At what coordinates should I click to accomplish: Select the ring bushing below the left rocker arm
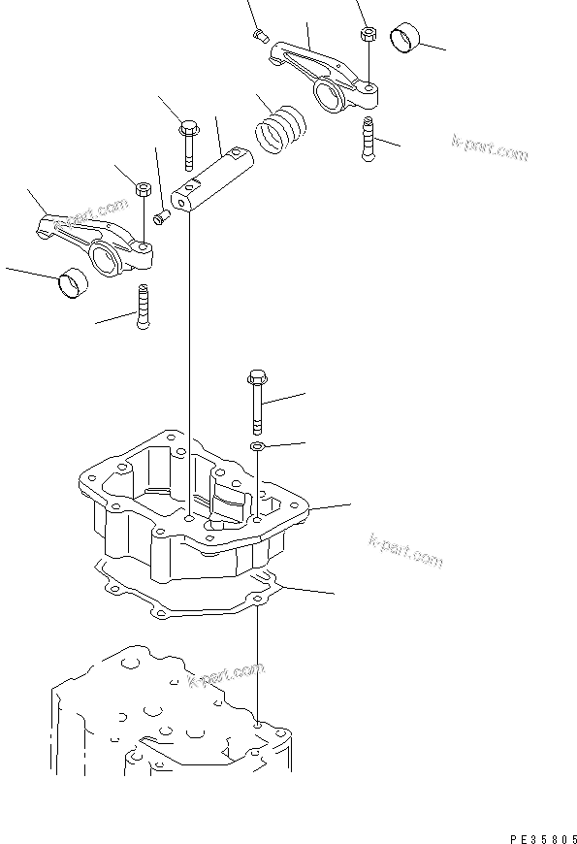pyautogui.click(x=73, y=284)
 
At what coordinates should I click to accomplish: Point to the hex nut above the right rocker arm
pyautogui.click(x=368, y=33)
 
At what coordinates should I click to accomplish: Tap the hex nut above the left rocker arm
pyautogui.click(x=140, y=189)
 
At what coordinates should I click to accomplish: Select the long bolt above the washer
pyautogui.click(x=256, y=403)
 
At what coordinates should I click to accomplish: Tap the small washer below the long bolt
pyautogui.click(x=257, y=446)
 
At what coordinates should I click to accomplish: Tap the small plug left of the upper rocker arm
pyautogui.click(x=260, y=36)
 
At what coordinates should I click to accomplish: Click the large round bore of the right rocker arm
pyautogui.click(x=326, y=93)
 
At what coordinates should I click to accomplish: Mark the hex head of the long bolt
pyautogui.click(x=256, y=376)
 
